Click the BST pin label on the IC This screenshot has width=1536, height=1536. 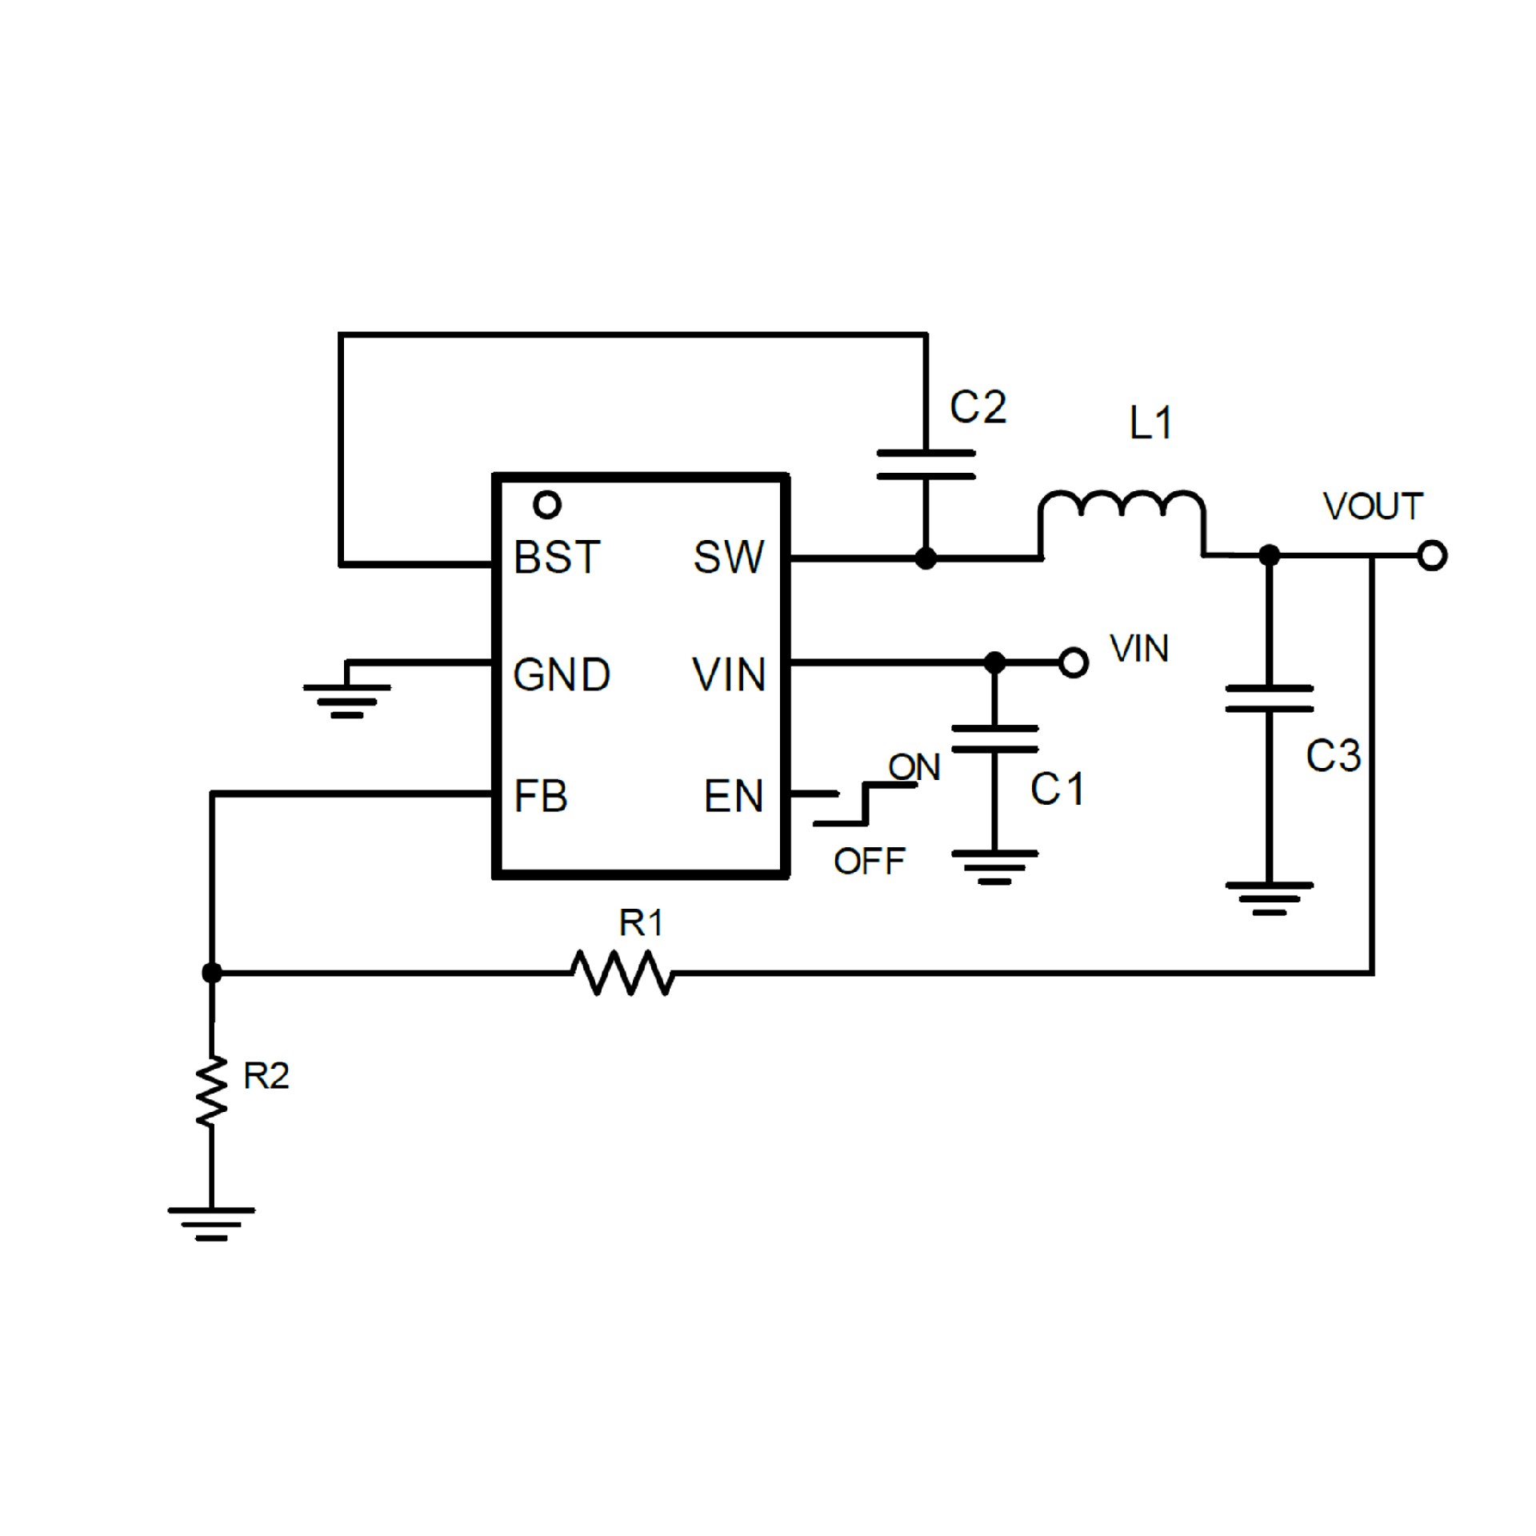557,558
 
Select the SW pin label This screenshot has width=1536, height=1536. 728,558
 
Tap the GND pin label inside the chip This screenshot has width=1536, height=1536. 561,675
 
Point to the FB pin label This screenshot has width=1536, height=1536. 541,796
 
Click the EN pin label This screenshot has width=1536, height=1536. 734,796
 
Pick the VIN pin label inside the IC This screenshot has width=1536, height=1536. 729,675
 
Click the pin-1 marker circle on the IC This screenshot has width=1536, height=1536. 547,505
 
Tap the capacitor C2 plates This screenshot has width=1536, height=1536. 926,465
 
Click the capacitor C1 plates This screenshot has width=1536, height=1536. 994,740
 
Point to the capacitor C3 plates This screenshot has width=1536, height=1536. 1269,698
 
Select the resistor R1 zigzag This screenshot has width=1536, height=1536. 622,973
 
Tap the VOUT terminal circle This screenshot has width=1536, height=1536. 1432,555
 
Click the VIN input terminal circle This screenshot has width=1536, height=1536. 1074,662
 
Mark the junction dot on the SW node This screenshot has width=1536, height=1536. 926,558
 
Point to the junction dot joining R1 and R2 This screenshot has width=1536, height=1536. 212,973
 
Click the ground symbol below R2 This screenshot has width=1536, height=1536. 211,1222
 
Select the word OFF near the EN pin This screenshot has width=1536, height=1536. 869,862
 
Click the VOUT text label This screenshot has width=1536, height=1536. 1373,506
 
